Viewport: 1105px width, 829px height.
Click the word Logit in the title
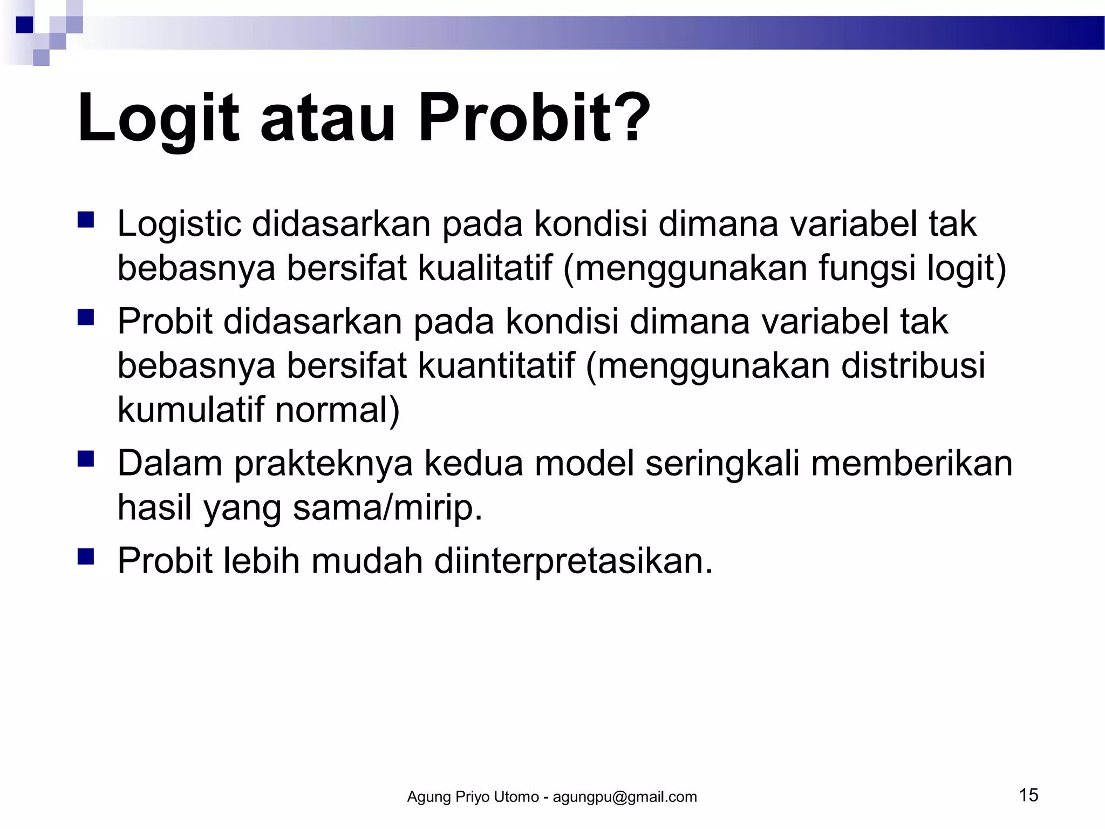click(x=158, y=119)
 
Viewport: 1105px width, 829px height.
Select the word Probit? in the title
click(x=534, y=119)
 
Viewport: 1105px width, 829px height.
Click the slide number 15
click(x=1028, y=795)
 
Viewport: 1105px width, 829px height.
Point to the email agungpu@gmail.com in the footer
click(x=625, y=797)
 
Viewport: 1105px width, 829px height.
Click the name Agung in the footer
click(x=429, y=797)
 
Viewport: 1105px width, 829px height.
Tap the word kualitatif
click(x=485, y=268)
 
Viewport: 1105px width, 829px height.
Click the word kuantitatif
click(x=496, y=365)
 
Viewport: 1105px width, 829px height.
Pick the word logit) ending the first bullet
click(x=966, y=268)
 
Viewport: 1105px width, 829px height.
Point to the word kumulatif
click(x=190, y=410)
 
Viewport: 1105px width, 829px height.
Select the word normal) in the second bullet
click(x=338, y=410)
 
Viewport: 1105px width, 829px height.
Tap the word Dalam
click(x=170, y=463)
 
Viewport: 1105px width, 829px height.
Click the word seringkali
click(x=722, y=463)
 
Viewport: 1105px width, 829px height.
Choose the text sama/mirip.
click(x=387, y=507)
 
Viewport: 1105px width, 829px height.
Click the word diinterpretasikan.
click(x=574, y=561)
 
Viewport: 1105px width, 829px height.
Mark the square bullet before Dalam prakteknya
click(x=86, y=459)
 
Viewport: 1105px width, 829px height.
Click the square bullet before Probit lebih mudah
click(x=86, y=556)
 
